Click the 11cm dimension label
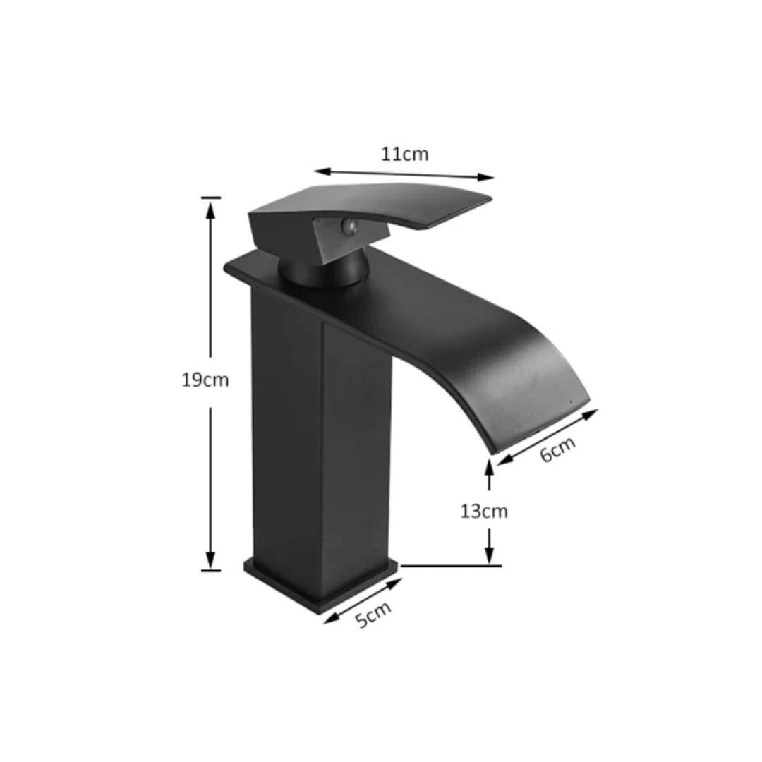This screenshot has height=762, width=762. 404,154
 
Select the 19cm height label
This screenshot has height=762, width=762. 205,380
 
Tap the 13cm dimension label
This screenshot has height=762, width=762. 484,511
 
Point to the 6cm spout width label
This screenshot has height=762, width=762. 558,449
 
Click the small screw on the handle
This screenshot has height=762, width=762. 346,226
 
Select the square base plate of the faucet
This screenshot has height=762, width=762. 321,582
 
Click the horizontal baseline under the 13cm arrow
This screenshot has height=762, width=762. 452,565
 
